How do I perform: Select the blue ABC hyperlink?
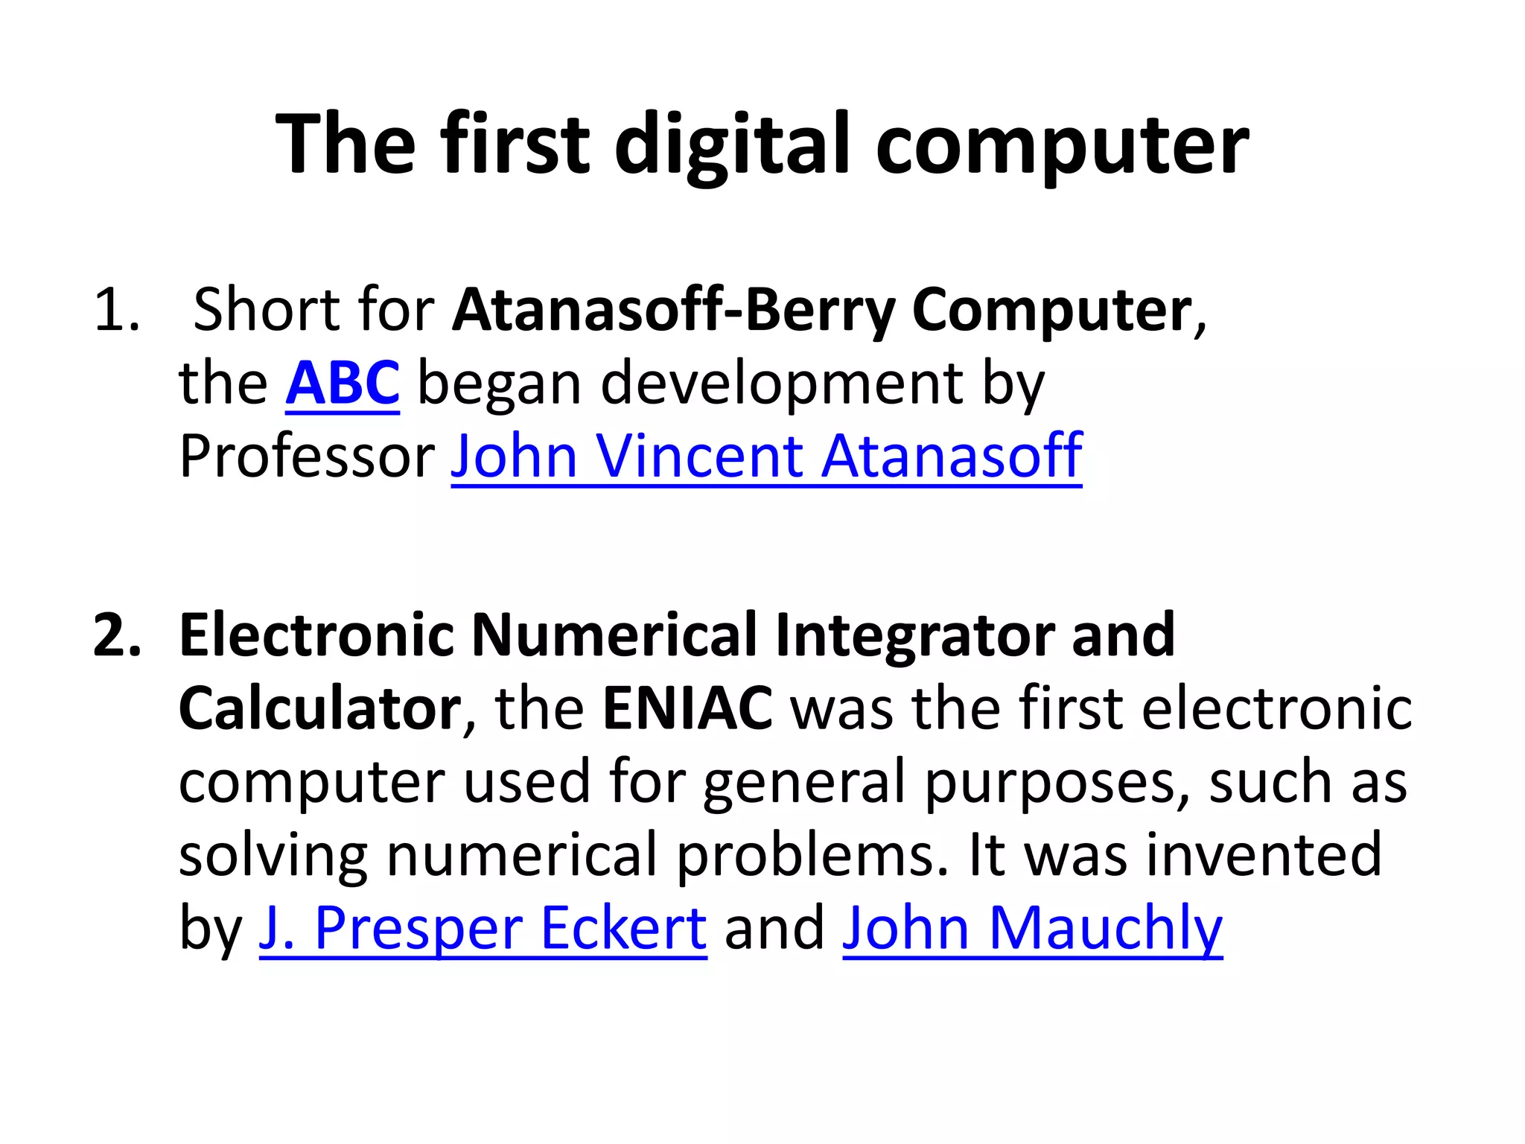(x=343, y=383)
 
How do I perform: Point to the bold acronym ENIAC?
(x=687, y=708)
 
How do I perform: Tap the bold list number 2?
(x=117, y=635)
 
